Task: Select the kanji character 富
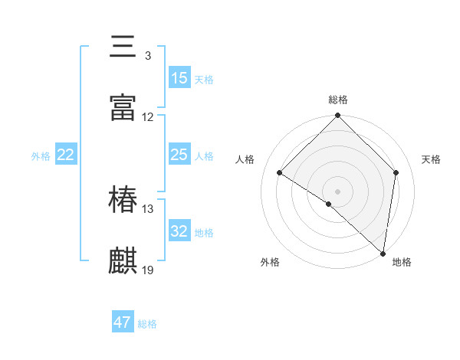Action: [123, 106]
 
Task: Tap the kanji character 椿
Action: [123, 201]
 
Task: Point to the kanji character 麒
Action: [123, 260]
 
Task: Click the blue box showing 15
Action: [179, 78]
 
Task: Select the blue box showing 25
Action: [179, 155]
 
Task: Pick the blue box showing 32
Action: [179, 231]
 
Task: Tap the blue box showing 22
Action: [66, 155]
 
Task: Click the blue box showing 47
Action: [123, 322]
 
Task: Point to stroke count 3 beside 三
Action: [147, 57]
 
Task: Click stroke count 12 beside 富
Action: [148, 117]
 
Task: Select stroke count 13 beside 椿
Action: [148, 209]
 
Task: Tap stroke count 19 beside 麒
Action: [148, 270]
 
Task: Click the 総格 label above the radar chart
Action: [338, 100]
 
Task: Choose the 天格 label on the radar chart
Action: [431, 159]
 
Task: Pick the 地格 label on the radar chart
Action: [402, 262]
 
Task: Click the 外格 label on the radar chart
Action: [270, 262]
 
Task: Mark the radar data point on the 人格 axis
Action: [280, 173]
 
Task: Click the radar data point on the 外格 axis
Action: [329, 204]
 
